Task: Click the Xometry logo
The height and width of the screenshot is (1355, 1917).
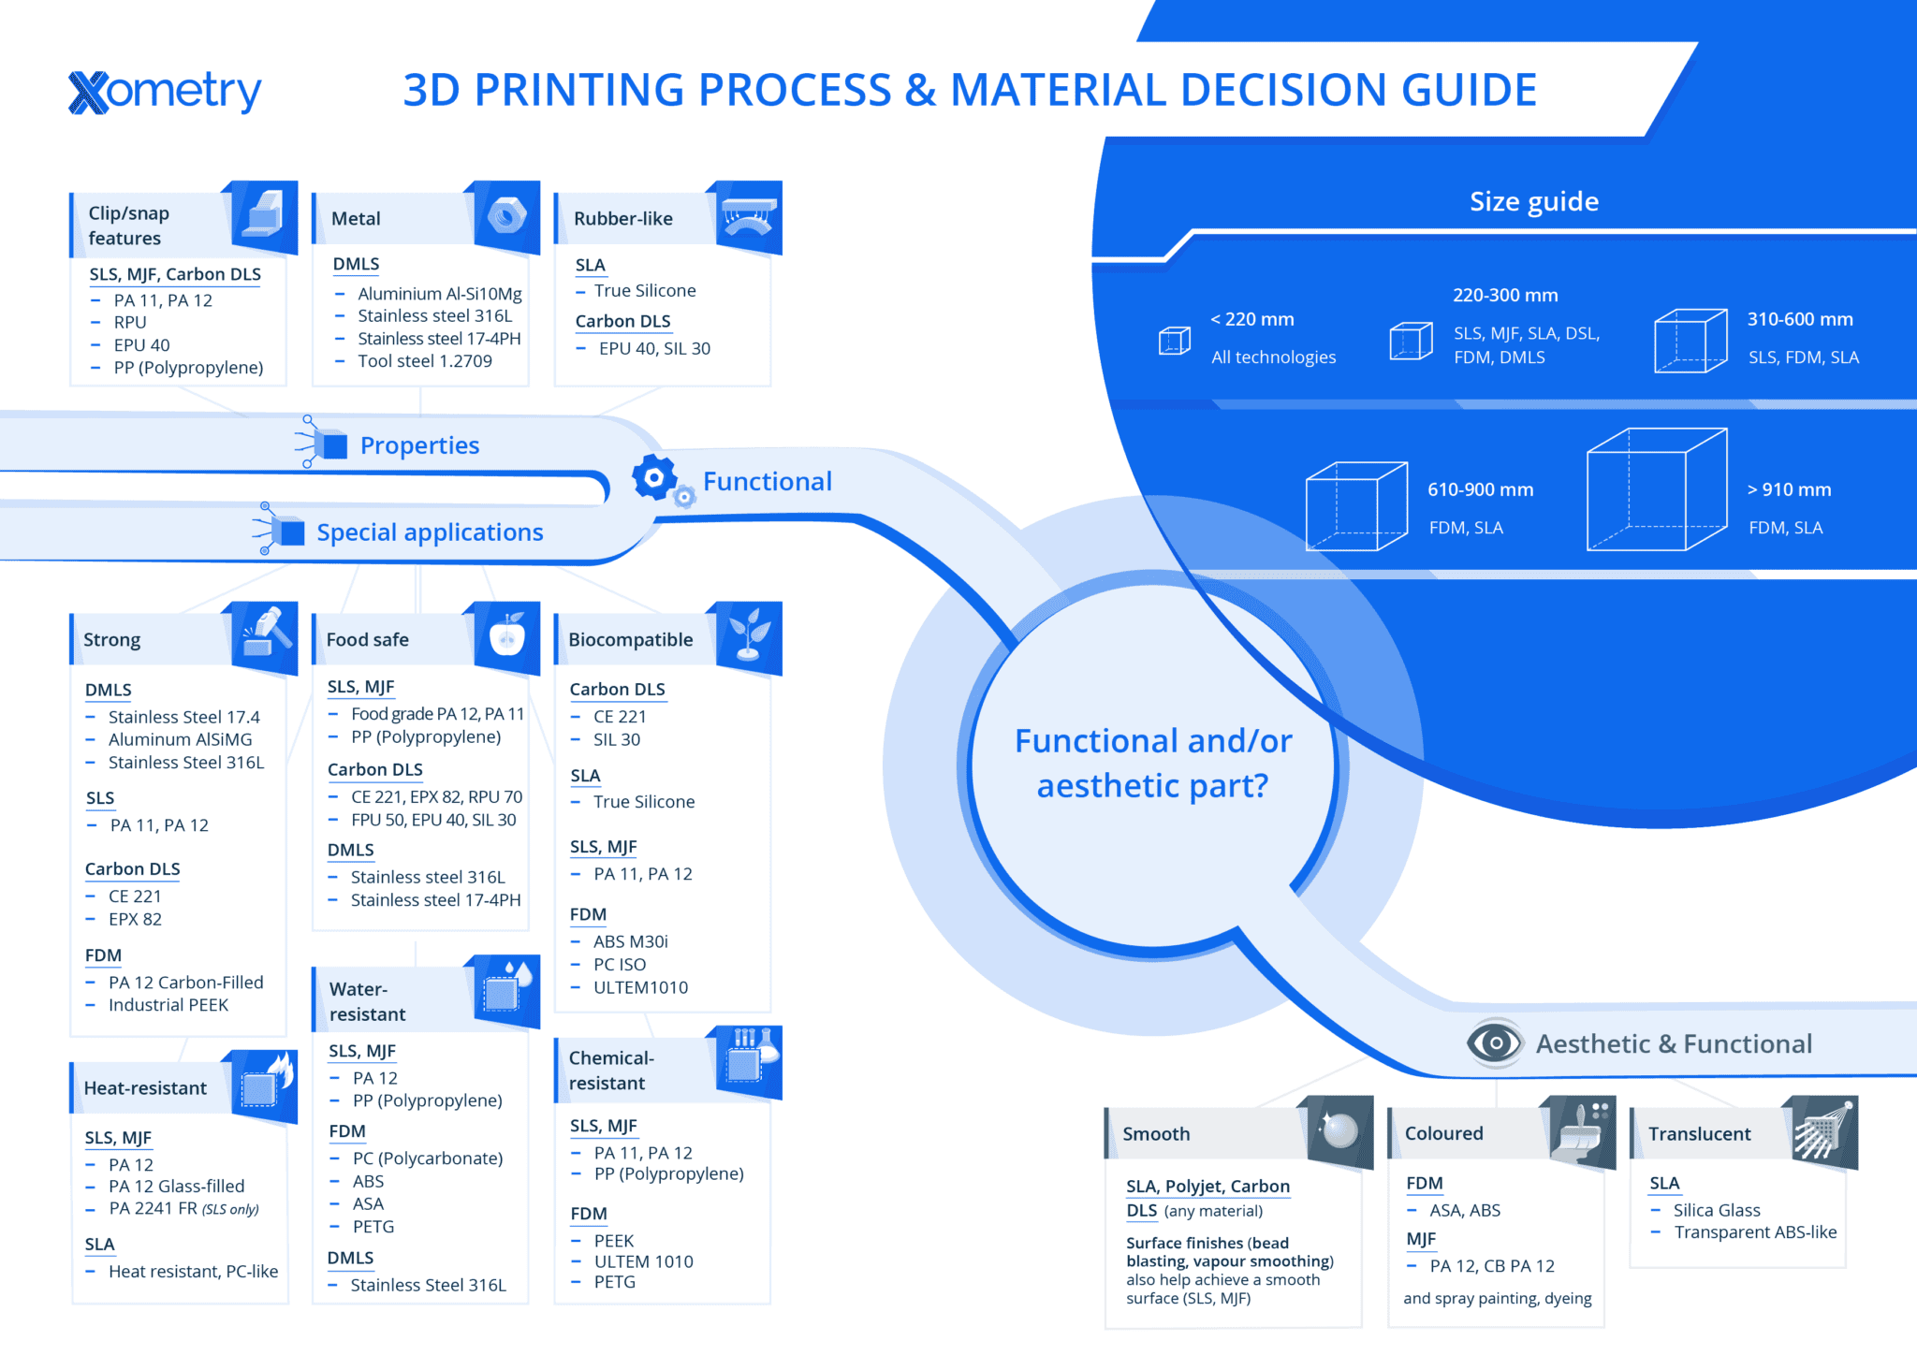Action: (x=165, y=92)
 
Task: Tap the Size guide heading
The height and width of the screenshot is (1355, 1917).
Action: (x=1533, y=201)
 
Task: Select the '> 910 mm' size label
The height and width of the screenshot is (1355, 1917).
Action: (x=1789, y=489)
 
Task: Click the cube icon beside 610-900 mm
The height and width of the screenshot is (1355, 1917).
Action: (x=1356, y=506)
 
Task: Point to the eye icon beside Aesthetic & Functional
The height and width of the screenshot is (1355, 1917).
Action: (x=1494, y=1042)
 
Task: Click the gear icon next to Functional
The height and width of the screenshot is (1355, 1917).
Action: (x=655, y=478)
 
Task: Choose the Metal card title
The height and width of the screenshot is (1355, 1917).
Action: (x=356, y=219)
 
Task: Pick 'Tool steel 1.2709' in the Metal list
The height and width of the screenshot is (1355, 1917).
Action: (x=424, y=361)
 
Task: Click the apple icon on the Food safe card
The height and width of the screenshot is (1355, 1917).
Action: (x=507, y=636)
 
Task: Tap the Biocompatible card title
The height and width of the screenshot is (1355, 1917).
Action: (x=630, y=640)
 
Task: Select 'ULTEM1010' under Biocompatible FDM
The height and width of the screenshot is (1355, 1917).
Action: (x=640, y=987)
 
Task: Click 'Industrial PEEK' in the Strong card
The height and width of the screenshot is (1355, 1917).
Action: (x=168, y=1005)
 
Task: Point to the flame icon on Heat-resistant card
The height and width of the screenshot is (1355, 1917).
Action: (x=280, y=1072)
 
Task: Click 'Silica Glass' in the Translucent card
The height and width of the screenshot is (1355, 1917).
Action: (x=1717, y=1210)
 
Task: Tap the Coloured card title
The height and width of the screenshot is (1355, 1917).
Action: (x=1443, y=1133)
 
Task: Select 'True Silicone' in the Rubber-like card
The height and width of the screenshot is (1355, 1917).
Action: (x=644, y=291)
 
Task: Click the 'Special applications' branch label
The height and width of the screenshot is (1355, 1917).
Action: (x=430, y=532)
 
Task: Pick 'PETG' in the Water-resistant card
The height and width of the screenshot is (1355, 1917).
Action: (x=373, y=1227)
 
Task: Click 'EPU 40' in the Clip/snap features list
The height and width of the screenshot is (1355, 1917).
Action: (x=141, y=345)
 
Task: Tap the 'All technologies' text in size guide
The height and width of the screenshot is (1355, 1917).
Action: (x=1273, y=357)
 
